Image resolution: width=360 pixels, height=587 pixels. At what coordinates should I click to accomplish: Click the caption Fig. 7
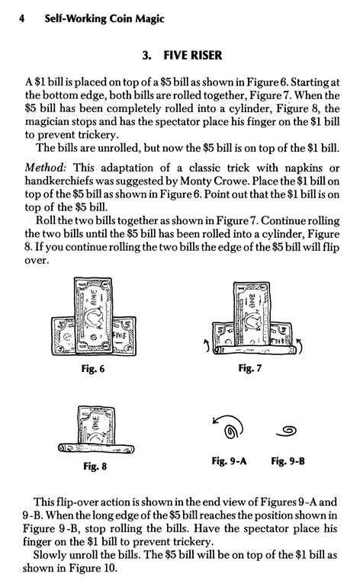click(248, 369)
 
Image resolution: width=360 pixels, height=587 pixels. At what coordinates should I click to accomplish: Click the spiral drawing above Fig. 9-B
click(290, 431)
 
